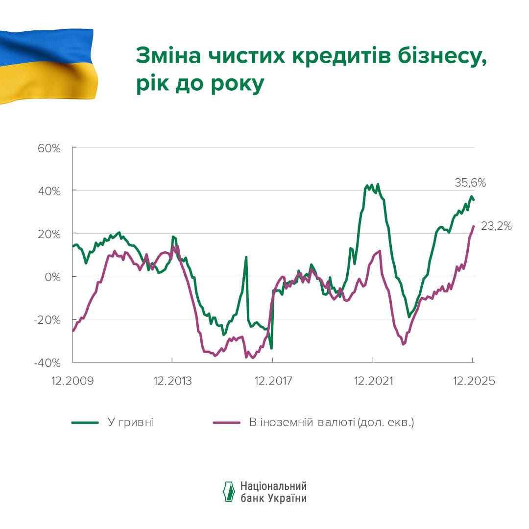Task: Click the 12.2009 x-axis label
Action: pyautogui.click(x=72, y=381)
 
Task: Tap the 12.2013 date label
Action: pyautogui.click(x=172, y=381)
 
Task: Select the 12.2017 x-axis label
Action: pyautogui.click(x=272, y=381)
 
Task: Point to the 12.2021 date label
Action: pyautogui.click(x=372, y=381)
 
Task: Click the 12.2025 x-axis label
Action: pyautogui.click(x=472, y=381)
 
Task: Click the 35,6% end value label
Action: pyautogui.click(x=470, y=183)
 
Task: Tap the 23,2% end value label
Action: pyautogui.click(x=497, y=226)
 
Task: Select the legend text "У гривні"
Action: pyautogui.click(x=130, y=422)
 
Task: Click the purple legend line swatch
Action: pyautogui.click(x=227, y=422)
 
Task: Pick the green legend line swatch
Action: pyautogui.click(x=85, y=422)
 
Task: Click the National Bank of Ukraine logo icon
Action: pyautogui.click(x=229, y=491)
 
